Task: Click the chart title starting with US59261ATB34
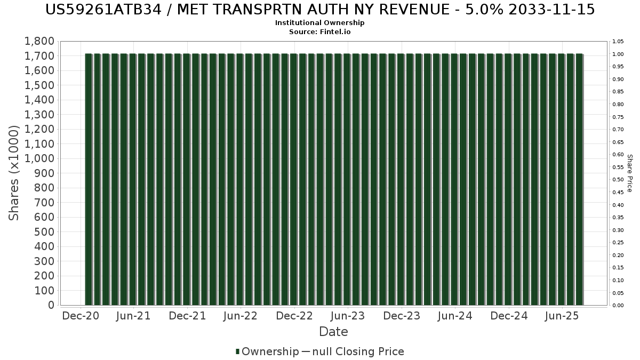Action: pyautogui.click(x=320, y=10)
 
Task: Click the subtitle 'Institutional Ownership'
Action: pyautogui.click(x=320, y=23)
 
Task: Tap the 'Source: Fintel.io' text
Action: pyautogui.click(x=320, y=31)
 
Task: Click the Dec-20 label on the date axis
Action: pyautogui.click(x=81, y=316)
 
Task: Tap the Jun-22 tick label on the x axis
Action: pyautogui.click(x=241, y=316)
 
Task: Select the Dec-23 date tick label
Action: pyautogui.click(x=402, y=316)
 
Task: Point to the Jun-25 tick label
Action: pyautogui.click(x=562, y=316)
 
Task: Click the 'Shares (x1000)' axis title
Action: pyautogui.click(x=14, y=173)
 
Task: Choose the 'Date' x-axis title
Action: pyautogui.click(x=333, y=332)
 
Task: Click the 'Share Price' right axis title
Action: pyautogui.click(x=629, y=173)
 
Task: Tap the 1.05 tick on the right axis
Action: pyautogui.click(x=617, y=42)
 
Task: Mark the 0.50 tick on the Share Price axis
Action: pyautogui.click(x=617, y=180)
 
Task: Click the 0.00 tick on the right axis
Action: pyautogui.click(x=617, y=306)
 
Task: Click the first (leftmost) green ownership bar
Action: pyautogui.click(x=89, y=179)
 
